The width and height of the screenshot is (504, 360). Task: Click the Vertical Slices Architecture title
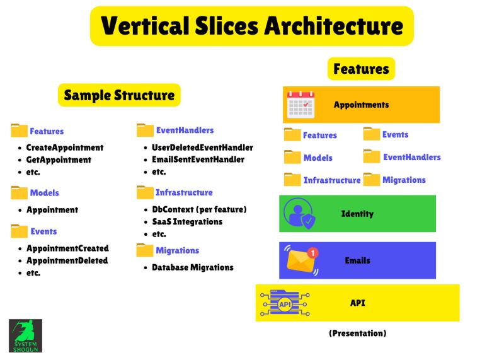252,26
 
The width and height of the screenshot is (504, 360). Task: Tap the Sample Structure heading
119,95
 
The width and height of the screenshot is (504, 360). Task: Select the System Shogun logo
25,335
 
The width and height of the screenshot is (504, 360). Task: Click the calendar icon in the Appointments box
301,105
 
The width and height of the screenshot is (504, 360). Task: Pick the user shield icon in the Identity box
299,214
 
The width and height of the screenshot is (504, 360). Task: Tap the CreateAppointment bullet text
65,148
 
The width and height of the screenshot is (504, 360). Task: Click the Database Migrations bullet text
193,267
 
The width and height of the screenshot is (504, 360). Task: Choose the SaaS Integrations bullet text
188,222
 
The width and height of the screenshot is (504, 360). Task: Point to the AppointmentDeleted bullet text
67,260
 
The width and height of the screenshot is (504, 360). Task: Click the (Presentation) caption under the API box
357,333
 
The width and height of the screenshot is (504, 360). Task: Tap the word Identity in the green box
357,214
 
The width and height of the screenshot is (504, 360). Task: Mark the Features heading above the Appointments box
361,68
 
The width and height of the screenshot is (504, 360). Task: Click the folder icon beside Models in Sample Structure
20,192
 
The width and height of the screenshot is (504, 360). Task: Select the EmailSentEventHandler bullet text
198,160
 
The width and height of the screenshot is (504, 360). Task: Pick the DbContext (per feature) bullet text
199,209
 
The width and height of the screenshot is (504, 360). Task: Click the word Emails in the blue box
357,260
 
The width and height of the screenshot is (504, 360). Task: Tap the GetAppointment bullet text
59,160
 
